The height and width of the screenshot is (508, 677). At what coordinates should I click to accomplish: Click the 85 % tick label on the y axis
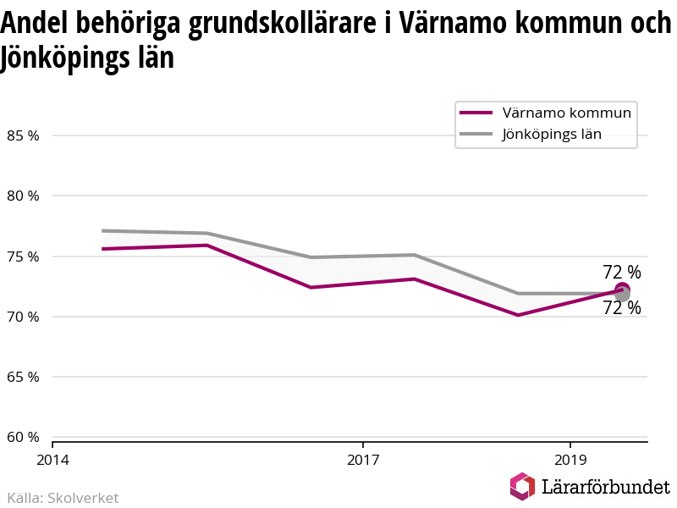23,135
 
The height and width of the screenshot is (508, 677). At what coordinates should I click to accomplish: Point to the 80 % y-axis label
23,196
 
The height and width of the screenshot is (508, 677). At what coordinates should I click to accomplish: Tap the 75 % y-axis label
23,257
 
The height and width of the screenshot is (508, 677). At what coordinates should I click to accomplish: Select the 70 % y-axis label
23,317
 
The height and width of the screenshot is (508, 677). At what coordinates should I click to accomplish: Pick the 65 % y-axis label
23,377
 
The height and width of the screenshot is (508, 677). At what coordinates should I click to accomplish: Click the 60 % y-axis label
23,437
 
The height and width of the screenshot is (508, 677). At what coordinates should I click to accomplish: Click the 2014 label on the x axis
52,460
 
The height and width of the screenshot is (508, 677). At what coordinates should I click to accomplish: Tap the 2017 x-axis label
362,460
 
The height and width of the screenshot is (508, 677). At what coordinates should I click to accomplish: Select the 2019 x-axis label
570,460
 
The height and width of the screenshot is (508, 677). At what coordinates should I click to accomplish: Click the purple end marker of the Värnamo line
622,290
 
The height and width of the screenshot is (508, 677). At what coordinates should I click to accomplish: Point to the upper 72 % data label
622,272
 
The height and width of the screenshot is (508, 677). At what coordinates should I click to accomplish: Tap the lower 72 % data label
622,309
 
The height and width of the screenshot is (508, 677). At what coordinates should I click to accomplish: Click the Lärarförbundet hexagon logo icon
522,486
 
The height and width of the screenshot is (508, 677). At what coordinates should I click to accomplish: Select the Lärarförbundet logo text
605,487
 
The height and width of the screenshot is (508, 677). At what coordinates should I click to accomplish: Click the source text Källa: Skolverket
63,498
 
